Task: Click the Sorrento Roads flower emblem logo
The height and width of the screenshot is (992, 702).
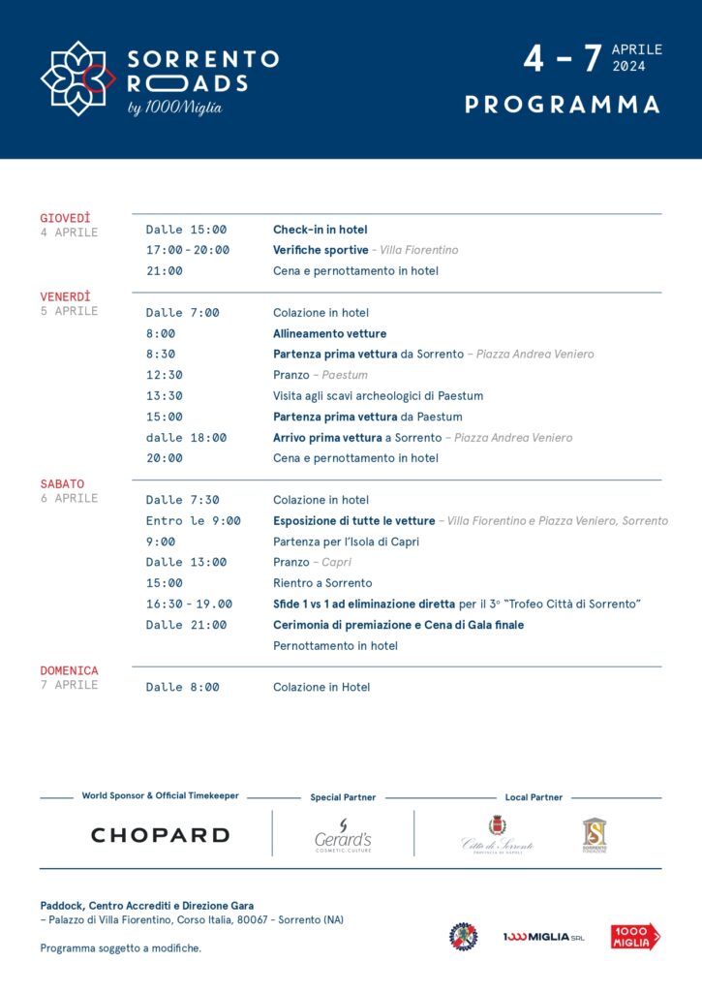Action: (77, 78)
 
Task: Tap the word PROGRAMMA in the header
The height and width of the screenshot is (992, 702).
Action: (563, 105)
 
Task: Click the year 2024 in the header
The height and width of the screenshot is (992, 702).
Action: (628, 67)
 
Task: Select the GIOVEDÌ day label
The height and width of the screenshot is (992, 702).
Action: (66, 218)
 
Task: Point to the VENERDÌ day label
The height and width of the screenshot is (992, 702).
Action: (66, 296)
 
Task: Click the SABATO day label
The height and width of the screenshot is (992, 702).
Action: (62, 483)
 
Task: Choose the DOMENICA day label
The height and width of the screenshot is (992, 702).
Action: (69, 670)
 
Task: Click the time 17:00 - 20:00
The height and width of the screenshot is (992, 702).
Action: (188, 250)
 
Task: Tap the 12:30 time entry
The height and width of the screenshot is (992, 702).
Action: (165, 375)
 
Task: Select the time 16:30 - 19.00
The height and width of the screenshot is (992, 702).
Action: (189, 604)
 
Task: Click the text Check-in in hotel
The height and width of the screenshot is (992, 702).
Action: (320, 230)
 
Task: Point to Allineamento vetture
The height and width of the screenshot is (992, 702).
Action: (329, 333)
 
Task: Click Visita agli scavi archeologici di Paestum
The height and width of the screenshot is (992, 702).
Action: (378, 395)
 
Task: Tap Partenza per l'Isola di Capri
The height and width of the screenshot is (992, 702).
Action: (346, 542)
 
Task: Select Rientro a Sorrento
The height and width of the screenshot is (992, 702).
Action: (322, 583)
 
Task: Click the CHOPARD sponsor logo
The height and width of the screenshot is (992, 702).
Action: (160, 835)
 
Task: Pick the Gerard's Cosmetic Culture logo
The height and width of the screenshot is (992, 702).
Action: (343, 835)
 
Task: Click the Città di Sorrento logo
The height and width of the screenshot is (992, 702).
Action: (498, 835)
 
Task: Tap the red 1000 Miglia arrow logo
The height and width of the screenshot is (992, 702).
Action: (635, 936)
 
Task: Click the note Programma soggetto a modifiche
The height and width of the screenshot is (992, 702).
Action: (121, 948)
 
